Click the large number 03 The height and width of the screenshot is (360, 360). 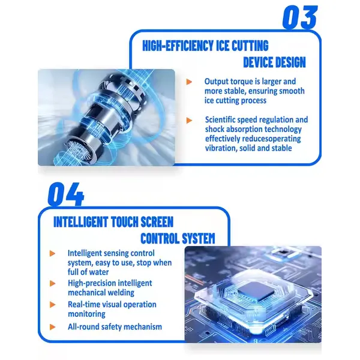300,17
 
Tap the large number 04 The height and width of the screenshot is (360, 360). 66,194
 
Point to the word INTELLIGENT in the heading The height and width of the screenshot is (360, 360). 81,222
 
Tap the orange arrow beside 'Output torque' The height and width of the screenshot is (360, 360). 189,82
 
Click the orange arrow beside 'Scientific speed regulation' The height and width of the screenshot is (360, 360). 189,121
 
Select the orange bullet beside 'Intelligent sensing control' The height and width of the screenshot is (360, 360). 53,253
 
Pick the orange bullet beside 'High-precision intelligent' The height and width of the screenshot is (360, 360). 53,284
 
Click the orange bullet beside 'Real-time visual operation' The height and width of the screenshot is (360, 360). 53,305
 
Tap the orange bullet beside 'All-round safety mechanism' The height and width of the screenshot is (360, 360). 53,327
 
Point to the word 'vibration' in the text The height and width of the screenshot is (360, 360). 221,148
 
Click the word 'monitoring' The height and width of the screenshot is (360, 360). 86,314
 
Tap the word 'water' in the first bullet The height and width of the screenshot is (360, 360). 99,272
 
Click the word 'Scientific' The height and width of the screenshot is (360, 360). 220,120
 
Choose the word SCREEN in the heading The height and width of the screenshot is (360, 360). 157,222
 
